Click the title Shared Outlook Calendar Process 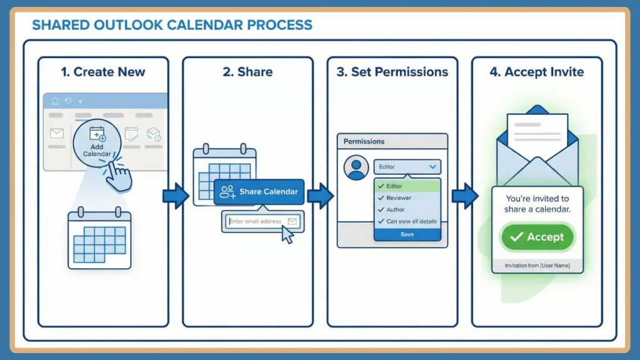point(172,26)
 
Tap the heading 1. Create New point(103,72)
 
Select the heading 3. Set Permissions point(392,72)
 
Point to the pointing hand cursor point(118,176)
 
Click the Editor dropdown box point(407,167)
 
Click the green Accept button point(537,237)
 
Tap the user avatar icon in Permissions point(357,167)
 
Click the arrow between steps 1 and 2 point(175,196)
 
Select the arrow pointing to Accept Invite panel point(464,196)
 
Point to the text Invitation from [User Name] point(537,266)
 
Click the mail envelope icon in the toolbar point(57,133)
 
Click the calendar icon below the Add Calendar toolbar point(99,239)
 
